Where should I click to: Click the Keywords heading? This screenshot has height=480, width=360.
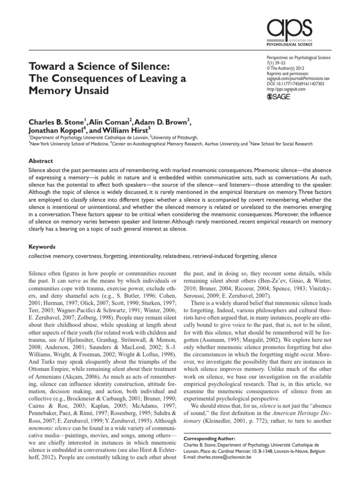pyautogui.click(x=42, y=246)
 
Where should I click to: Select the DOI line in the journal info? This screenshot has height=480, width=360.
pyautogui.click(x=295, y=83)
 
